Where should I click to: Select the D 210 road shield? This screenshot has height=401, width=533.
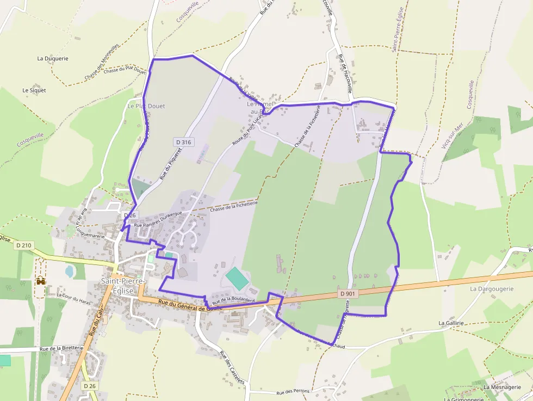(x=24, y=245)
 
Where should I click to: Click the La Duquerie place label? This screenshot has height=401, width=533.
(x=53, y=58)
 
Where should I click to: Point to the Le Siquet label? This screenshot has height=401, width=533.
(x=34, y=90)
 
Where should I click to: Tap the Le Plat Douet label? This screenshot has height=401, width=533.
(x=146, y=106)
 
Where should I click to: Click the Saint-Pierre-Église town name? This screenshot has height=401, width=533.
(x=123, y=285)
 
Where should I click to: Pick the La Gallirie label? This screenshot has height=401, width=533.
(x=451, y=323)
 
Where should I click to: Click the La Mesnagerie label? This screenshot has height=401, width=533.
(x=501, y=387)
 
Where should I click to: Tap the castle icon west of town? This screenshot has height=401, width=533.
(x=40, y=281)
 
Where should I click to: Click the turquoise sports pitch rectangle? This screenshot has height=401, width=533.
(x=237, y=279)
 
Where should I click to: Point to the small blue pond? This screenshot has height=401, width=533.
(x=70, y=270)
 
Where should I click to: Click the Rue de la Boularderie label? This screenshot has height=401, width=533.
(x=234, y=299)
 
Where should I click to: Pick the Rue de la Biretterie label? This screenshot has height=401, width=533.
(x=61, y=348)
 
